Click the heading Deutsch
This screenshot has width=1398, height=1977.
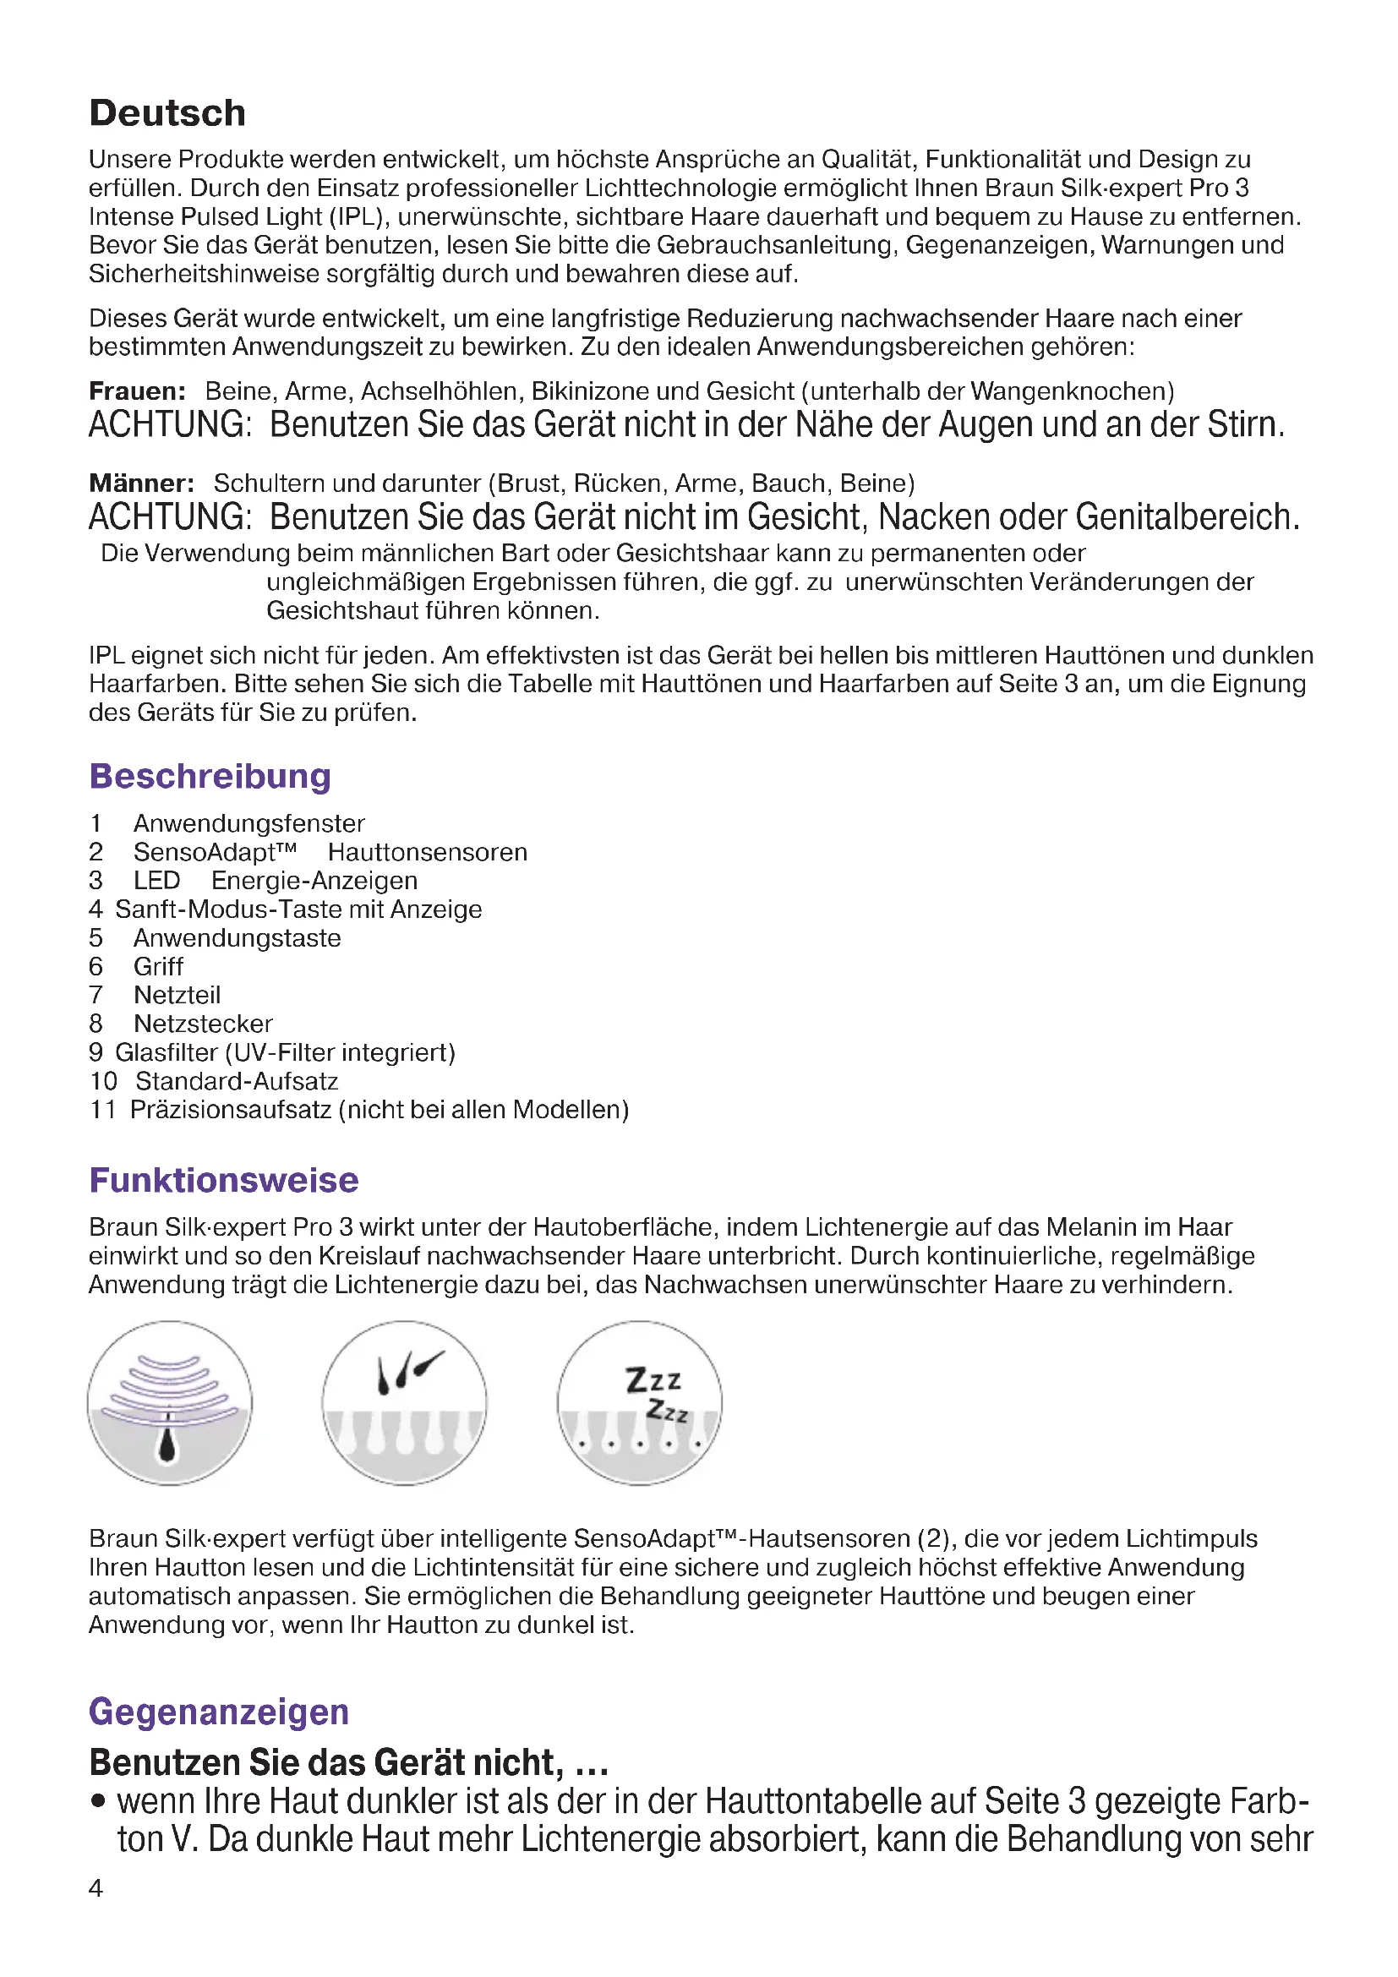click(168, 113)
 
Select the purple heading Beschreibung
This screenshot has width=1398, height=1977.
click(210, 776)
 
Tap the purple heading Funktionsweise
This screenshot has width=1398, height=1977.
click(224, 1180)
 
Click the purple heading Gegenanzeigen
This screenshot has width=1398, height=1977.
click(219, 1711)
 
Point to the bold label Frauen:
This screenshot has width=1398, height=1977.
click(137, 392)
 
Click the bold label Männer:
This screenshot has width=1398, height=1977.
click(141, 483)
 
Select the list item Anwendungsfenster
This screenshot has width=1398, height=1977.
click(248, 824)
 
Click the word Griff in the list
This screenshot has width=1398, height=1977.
click(158, 967)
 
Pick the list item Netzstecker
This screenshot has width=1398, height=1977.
click(203, 1024)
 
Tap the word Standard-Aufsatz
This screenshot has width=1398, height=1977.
click(237, 1082)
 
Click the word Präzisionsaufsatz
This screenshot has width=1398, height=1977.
click(231, 1110)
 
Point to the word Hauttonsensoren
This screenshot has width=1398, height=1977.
click(427, 853)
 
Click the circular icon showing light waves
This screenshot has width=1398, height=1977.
click(170, 1404)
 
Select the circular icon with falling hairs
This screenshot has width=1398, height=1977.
click(405, 1404)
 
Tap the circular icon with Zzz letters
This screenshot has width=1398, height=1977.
click(640, 1404)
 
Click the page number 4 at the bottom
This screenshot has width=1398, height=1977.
click(96, 1888)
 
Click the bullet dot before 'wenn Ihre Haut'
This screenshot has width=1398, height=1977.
click(99, 1800)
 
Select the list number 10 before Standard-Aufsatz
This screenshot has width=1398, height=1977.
click(103, 1082)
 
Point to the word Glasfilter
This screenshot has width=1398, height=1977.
click(167, 1053)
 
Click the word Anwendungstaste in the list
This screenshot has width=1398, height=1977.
click(237, 938)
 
